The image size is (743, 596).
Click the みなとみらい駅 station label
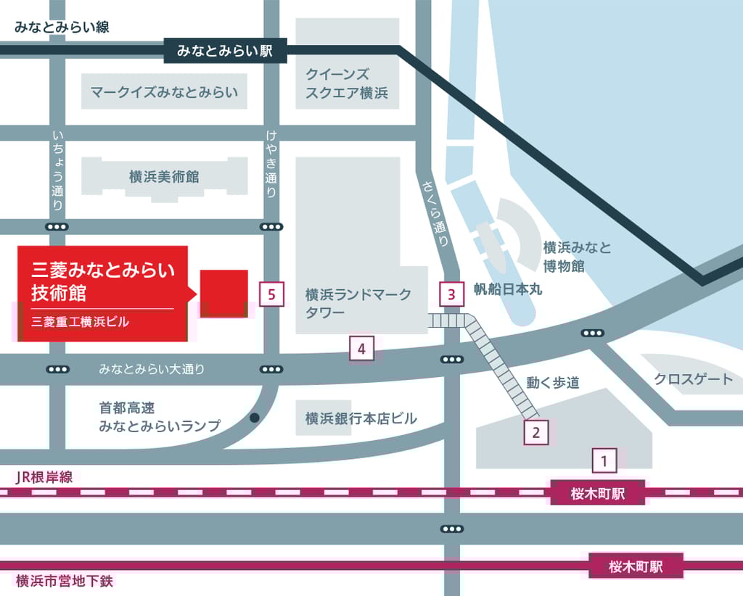coord(225,51)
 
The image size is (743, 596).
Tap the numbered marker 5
coord(271,294)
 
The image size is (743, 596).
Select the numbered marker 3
coord(451,294)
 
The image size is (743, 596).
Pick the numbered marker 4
coord(361,349)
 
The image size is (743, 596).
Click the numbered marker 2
coord(535,433)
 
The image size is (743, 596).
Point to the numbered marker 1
coord(604,460)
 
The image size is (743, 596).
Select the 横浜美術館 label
coord(164,176)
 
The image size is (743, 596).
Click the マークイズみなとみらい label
coord(164,93)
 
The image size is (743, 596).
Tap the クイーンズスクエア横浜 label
coord(347,83)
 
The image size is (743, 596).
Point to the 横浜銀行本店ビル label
coord(361,418)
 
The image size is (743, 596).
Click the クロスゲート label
coord(693,378)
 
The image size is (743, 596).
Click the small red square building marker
coord(224,294)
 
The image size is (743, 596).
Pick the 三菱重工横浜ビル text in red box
coord(80,322)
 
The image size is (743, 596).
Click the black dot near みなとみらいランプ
coord(255,418)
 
